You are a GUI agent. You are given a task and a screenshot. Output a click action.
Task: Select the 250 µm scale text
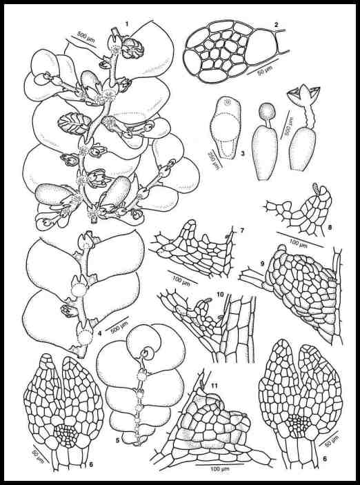coord(212,154)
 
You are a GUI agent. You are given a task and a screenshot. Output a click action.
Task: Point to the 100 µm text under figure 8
coord(297,244)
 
